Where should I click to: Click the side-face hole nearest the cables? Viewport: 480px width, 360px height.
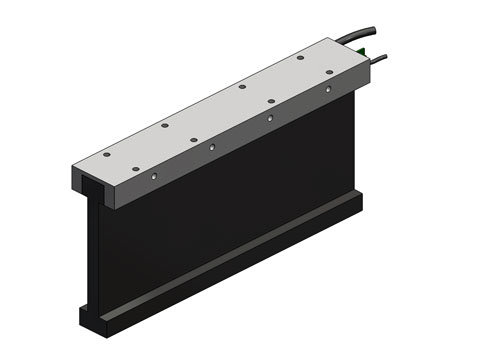coord(330,91)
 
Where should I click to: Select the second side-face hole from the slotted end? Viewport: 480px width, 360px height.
coord(212,149)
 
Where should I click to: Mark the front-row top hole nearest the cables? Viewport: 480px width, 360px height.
coord(270,100)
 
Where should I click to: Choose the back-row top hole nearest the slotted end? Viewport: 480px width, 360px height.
coord(165,126)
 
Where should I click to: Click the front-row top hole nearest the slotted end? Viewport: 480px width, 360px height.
coord(106,155)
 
